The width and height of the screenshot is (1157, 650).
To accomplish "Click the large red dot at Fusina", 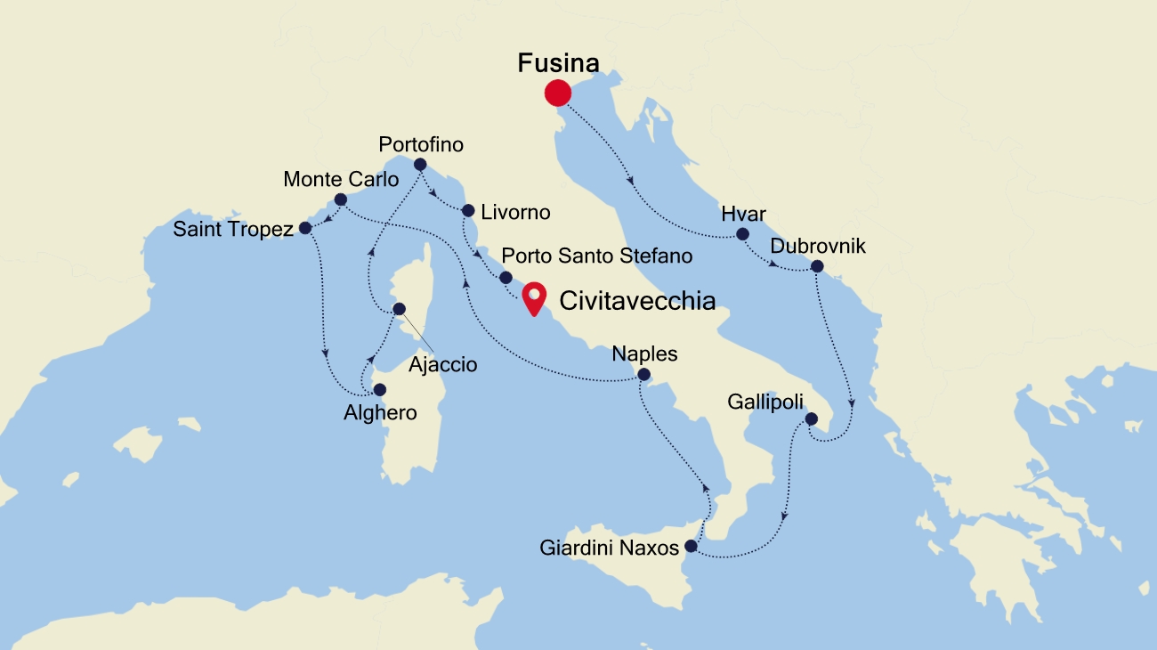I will pos(557,93).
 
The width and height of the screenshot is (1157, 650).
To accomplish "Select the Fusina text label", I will pos(558,62).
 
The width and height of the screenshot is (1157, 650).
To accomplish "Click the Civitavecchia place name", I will pos(636,301).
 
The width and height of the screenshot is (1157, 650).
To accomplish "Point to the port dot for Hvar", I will pos(742,234).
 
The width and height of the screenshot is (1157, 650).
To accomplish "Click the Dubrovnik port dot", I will pos(817,266).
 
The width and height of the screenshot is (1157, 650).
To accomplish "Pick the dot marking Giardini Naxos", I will pos(692,546).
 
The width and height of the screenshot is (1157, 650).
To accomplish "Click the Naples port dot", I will pos(644,375).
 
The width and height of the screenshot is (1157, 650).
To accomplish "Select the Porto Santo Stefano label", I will pos(597,256).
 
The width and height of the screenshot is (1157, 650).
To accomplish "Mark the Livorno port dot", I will pos(468,211).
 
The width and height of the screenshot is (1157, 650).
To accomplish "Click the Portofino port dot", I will pos(420,164).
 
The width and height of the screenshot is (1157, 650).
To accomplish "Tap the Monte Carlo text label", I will pos(341,179).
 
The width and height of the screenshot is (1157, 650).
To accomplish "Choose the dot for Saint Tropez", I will pos(305,228).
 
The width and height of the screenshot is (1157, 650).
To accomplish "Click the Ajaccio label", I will pos(442,364).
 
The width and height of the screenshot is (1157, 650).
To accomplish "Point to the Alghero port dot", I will pos(380,389).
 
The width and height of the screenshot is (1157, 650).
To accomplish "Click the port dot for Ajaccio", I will pos(399,309).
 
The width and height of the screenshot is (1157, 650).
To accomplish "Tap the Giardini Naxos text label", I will pos(609,548).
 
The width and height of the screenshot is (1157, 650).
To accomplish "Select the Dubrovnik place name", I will pos(817,246).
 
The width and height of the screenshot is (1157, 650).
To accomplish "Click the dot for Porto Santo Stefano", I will pos(506,277).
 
